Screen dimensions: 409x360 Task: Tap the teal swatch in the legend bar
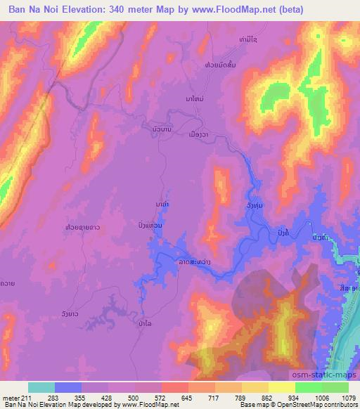(x=41, y=387)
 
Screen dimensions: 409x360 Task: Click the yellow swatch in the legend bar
(x=282, y=387)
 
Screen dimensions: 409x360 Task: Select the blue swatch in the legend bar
(x=68, y=387)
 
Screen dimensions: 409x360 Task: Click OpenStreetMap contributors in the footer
(x=320, y=405)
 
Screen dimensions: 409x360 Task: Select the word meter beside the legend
(x=12, y=397)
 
